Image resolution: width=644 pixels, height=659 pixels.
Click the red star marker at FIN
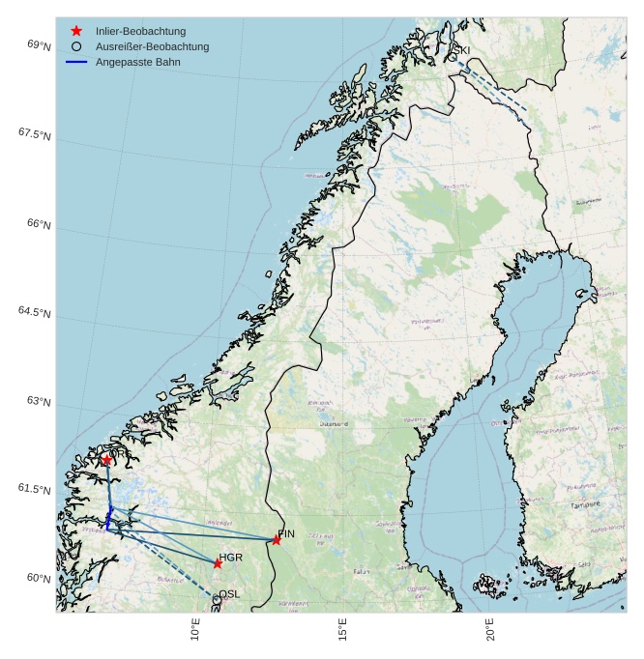click(x=277, y=540)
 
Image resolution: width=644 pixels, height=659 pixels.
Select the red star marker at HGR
click(x=218, y=563)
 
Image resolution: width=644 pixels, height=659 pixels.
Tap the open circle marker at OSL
click(x=217, y=599)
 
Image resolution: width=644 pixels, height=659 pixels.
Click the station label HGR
click(x=230, y=558)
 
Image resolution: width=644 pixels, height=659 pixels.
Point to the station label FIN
click(x=286, y=533)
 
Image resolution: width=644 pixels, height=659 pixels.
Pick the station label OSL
click(x=229, y=594)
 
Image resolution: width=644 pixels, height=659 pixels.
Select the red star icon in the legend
click(x=76, y=31)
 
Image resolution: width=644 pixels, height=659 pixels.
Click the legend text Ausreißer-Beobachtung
click(x=152, y=46)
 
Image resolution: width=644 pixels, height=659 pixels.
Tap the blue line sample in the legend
click(x=76, y=62)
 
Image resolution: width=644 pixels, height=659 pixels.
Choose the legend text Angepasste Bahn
click(x=137, y=62)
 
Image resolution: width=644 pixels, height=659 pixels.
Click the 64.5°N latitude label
click(x=34, y=312)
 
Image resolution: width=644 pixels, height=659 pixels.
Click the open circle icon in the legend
click(x=76, y=46)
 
